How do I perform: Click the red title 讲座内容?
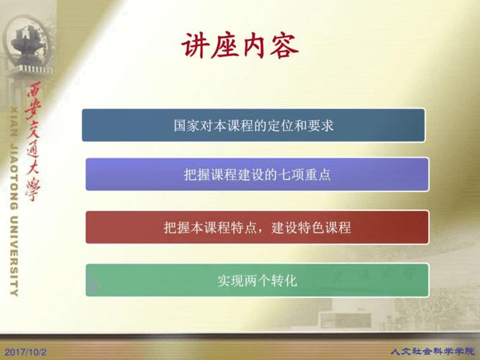pyautogui.click(x=240, y=46)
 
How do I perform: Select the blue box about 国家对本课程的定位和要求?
pyautogui.click(x=253, y=125)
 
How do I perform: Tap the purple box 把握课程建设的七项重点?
pyautogui.click(x=257, y=174)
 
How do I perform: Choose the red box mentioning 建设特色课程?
pyautogui.click(x=257, y=227)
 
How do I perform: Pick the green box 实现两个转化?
pyautogui.click(x=257, y=280)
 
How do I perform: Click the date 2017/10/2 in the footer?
pyautogui.click(x=25, y=352)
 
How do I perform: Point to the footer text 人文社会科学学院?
pyautogui.click(x=432, y=351)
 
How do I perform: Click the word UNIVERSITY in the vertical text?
pyautogui.click(x=14, y=256)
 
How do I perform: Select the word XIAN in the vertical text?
pyautogui.click(x=14, y=122)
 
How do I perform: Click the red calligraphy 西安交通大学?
pyautogui.click(x=33, y=142)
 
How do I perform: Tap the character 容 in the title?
pyautogui.click(x=284, y=46)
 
